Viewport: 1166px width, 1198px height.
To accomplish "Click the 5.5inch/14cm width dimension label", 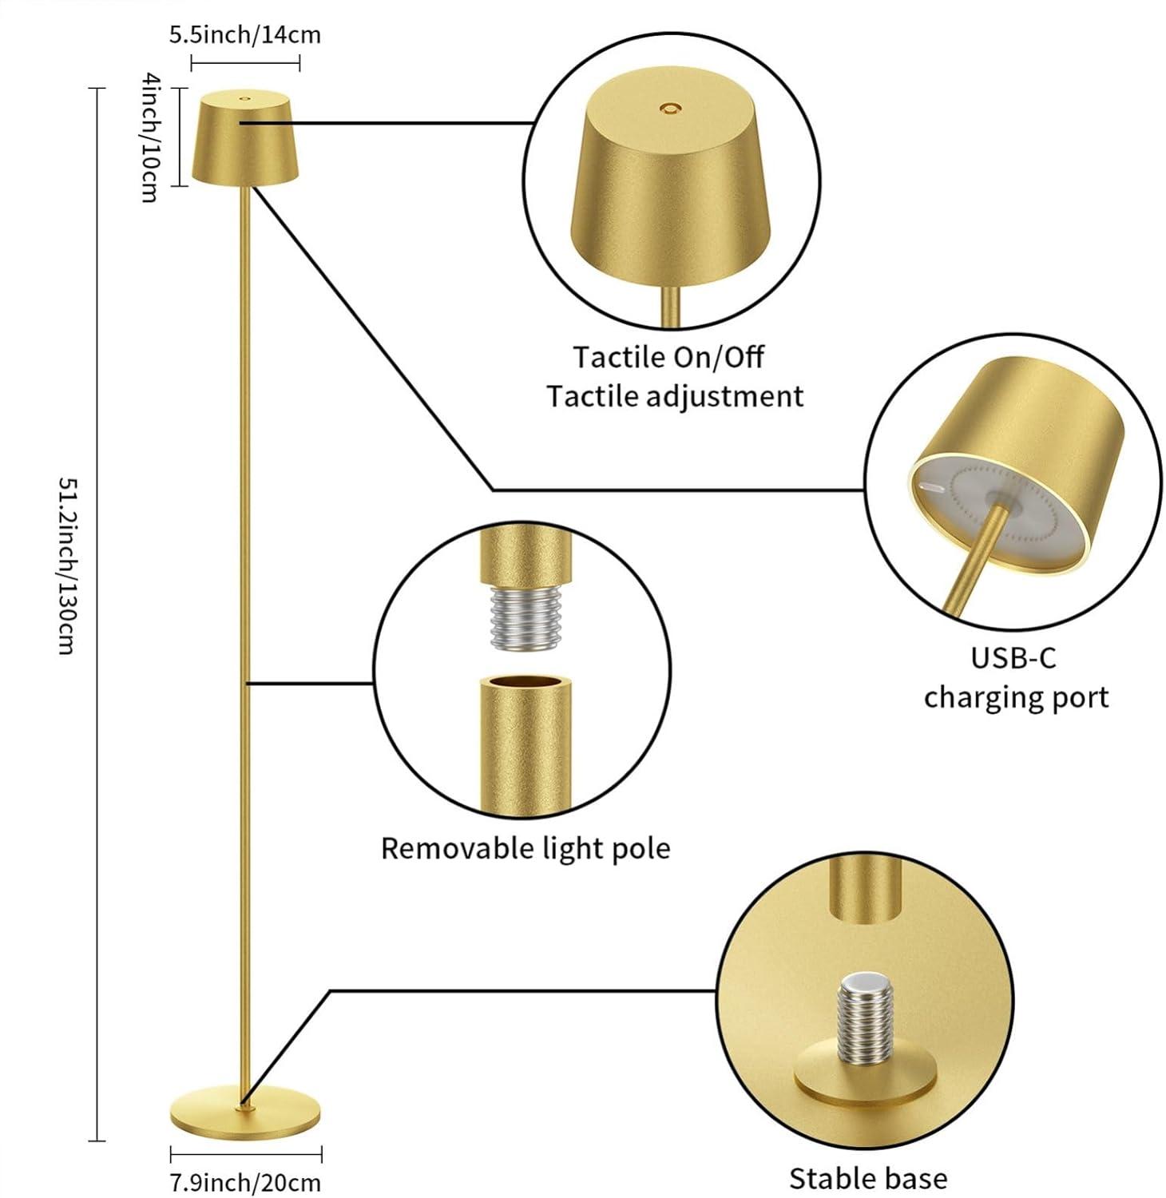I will click(x=244, y=35).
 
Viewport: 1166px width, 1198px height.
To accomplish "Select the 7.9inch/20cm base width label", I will click(x=245, y=1182).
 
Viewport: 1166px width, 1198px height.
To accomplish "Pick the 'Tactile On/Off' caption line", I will click(x=668, y=357).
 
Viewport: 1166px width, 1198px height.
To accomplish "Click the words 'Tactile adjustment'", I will click(x=675, y=397).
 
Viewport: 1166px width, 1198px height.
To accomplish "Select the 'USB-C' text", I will click(x=1013, y=658).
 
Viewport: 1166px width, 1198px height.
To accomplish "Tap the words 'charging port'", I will click(x=1016, y=698).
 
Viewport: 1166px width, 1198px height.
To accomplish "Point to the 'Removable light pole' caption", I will click(x=525, y=848).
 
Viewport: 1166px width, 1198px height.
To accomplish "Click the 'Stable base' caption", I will click(x=868, y=1178).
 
